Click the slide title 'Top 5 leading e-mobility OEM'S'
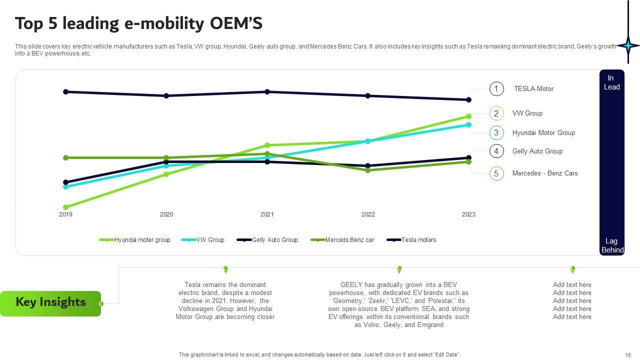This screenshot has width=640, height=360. coord(138,23)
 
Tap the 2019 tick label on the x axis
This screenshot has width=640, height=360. coord(65,214)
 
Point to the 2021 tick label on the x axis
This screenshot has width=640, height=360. coord(267,214)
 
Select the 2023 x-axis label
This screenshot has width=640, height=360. coord(468,214)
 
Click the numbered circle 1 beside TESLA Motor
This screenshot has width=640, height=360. coord(496,89)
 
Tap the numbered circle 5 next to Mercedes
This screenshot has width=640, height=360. coord(496,173)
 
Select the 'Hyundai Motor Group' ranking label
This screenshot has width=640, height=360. coord(543,132)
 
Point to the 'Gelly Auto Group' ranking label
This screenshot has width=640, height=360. coord(537,151)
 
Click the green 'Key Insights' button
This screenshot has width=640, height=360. coord(50,302)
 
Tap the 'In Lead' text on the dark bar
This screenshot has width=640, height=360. coord(611,82)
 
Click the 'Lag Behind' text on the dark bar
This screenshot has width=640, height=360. coord(612,245)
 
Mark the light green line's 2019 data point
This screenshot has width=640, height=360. coord(65,207)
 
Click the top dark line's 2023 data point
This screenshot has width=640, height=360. coord(468,100)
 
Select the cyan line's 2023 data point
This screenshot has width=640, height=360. coord(468,125)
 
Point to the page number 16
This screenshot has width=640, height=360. coord(628,354)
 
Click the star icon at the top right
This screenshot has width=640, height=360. coord(628,45)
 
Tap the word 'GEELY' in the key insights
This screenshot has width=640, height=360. coord(351,285)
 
